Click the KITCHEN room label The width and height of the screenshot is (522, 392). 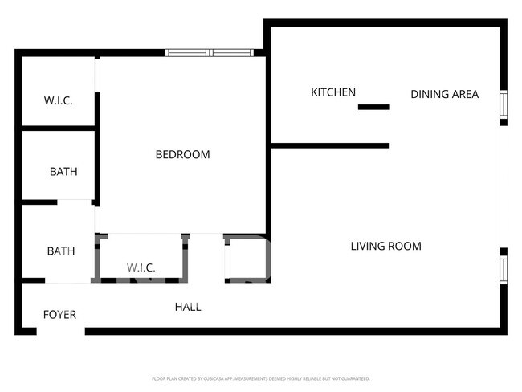[333, 92]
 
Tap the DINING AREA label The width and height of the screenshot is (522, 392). [444, 94]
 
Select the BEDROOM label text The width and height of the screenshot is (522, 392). [182, 154]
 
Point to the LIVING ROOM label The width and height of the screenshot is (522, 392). [385, 246]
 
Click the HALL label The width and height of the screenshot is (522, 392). [188, 307]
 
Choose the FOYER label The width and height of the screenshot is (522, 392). [59, 314]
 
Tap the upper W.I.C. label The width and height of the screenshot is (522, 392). [58, 100]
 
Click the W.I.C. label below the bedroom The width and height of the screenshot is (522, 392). [141, 267]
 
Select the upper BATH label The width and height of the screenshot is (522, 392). [63, 171]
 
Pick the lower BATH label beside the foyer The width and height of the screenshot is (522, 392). [60, 251]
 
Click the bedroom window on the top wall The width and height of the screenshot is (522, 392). [209, 53]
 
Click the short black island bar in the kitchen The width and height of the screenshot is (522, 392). [373, 107]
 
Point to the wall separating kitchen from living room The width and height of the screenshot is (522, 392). [330, 145]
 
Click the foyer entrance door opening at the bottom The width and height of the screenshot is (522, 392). [60, 331]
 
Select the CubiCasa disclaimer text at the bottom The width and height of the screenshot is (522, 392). [260, 378]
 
